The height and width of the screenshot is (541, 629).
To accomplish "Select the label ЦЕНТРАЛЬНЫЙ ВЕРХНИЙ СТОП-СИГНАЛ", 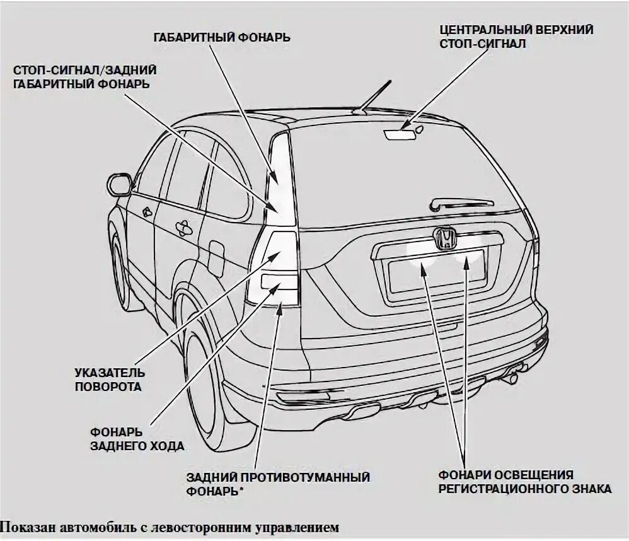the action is [516, 37].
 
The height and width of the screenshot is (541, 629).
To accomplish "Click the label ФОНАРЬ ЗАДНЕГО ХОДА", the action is [137, 439].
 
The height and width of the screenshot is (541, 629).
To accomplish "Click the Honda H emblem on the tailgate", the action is [445, 238].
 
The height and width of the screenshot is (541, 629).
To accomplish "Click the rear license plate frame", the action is [436, 270].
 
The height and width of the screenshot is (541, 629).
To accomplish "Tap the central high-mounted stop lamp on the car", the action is [401, 134].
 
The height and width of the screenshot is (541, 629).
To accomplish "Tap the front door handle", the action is [147, 212].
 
